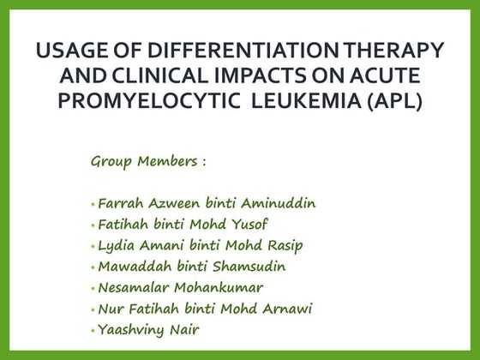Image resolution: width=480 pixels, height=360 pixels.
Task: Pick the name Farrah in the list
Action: coord(119,205)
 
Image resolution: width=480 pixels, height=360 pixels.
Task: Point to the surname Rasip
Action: coord(282,246)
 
